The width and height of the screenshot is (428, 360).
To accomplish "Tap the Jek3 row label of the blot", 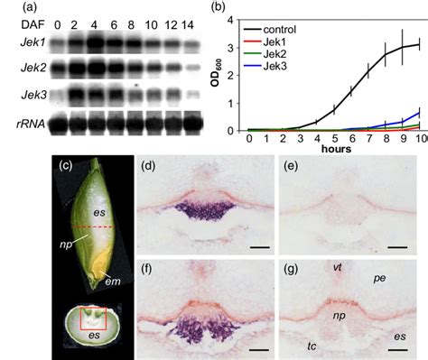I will click(17, 94).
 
